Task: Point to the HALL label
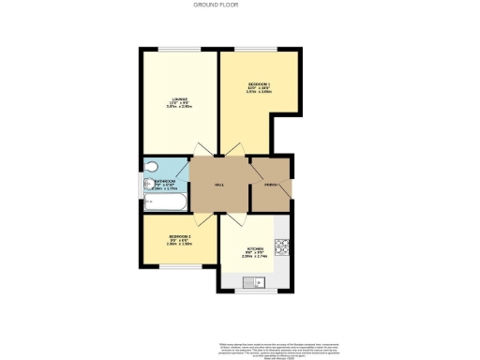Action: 219,185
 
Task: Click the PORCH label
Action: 271,185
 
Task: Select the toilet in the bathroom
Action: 153,170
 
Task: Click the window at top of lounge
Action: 179,49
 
